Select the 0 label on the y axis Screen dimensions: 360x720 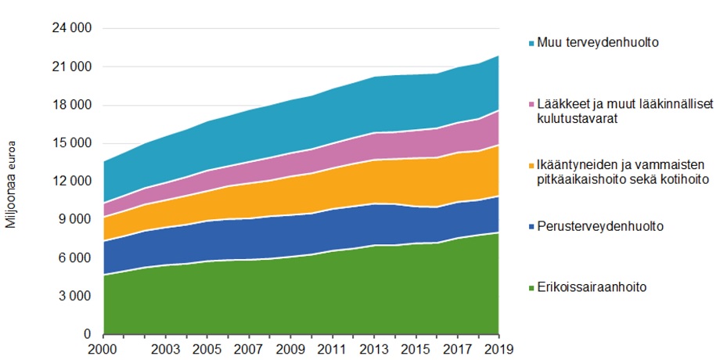(88, 335)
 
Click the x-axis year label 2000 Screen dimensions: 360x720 (104, 350)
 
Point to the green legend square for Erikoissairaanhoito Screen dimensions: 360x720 (530, 287)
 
